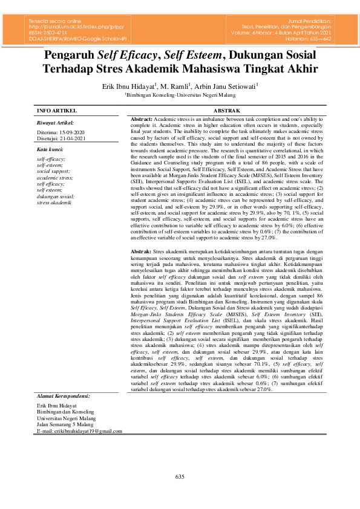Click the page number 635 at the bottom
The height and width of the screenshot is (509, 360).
pos(180,478)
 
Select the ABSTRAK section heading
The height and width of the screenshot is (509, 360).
pos(227,111)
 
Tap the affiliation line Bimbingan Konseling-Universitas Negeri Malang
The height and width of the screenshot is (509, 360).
pos(180,95)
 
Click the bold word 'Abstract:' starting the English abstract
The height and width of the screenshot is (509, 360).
pos(142,120)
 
